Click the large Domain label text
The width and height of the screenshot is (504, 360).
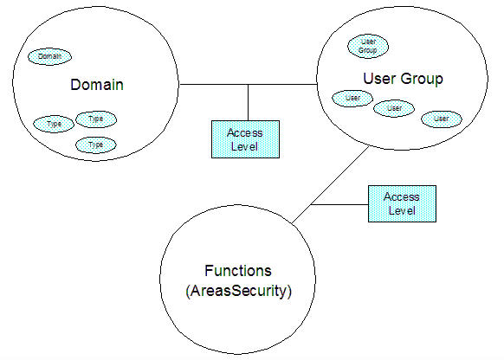coord(97,85)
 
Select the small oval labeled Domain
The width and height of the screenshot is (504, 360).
coord(50,56)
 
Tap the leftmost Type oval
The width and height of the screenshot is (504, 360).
coord(54,124)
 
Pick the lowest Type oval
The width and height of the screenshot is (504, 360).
coord(95,145)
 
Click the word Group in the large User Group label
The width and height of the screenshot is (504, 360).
coord(425,80)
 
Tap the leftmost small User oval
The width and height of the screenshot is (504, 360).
coord(352,98)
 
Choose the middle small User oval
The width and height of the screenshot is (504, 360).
coord(394,108)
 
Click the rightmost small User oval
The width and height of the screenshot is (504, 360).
coord(441,117)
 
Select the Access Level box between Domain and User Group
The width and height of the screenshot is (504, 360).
coord(247,139)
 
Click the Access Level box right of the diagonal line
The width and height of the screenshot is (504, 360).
coord(401,204)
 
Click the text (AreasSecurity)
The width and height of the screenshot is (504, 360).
coord(239,291)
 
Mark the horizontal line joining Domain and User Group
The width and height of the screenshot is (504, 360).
coord(216,85)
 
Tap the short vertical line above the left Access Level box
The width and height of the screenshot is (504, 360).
coord(249,102)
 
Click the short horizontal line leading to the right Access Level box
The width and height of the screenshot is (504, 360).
coord(340,205)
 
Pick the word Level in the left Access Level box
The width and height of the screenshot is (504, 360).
coord(247,146)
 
